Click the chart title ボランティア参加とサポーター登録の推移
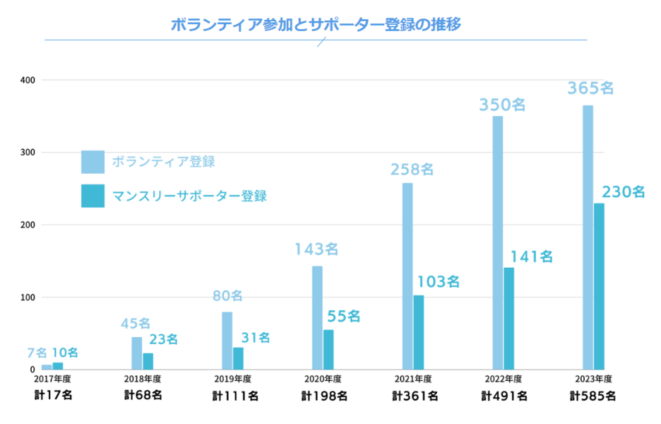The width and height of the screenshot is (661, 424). (x=316, y=25)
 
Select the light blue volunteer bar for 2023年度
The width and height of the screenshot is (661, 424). (x=588, y=237)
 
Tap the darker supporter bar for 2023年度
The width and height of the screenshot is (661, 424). (x=599, y=286)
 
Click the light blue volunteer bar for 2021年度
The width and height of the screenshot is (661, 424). (x=407, y=276)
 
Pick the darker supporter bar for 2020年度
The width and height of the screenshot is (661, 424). (x=328, y=349)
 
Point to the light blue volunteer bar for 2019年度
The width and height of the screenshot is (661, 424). (x=227, y=340)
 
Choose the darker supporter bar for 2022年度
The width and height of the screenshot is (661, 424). (x=508, y=318)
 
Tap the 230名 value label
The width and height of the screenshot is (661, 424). (x=624, y=192)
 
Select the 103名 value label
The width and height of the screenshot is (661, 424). (x=438, y=281)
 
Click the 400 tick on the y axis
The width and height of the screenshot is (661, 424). (x=28, y=80)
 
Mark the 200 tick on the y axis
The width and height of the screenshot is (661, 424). (x=28, y=225)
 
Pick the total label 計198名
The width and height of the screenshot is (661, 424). (x=323, y=396)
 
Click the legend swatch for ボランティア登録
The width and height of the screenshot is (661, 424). (x=93, y=162)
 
